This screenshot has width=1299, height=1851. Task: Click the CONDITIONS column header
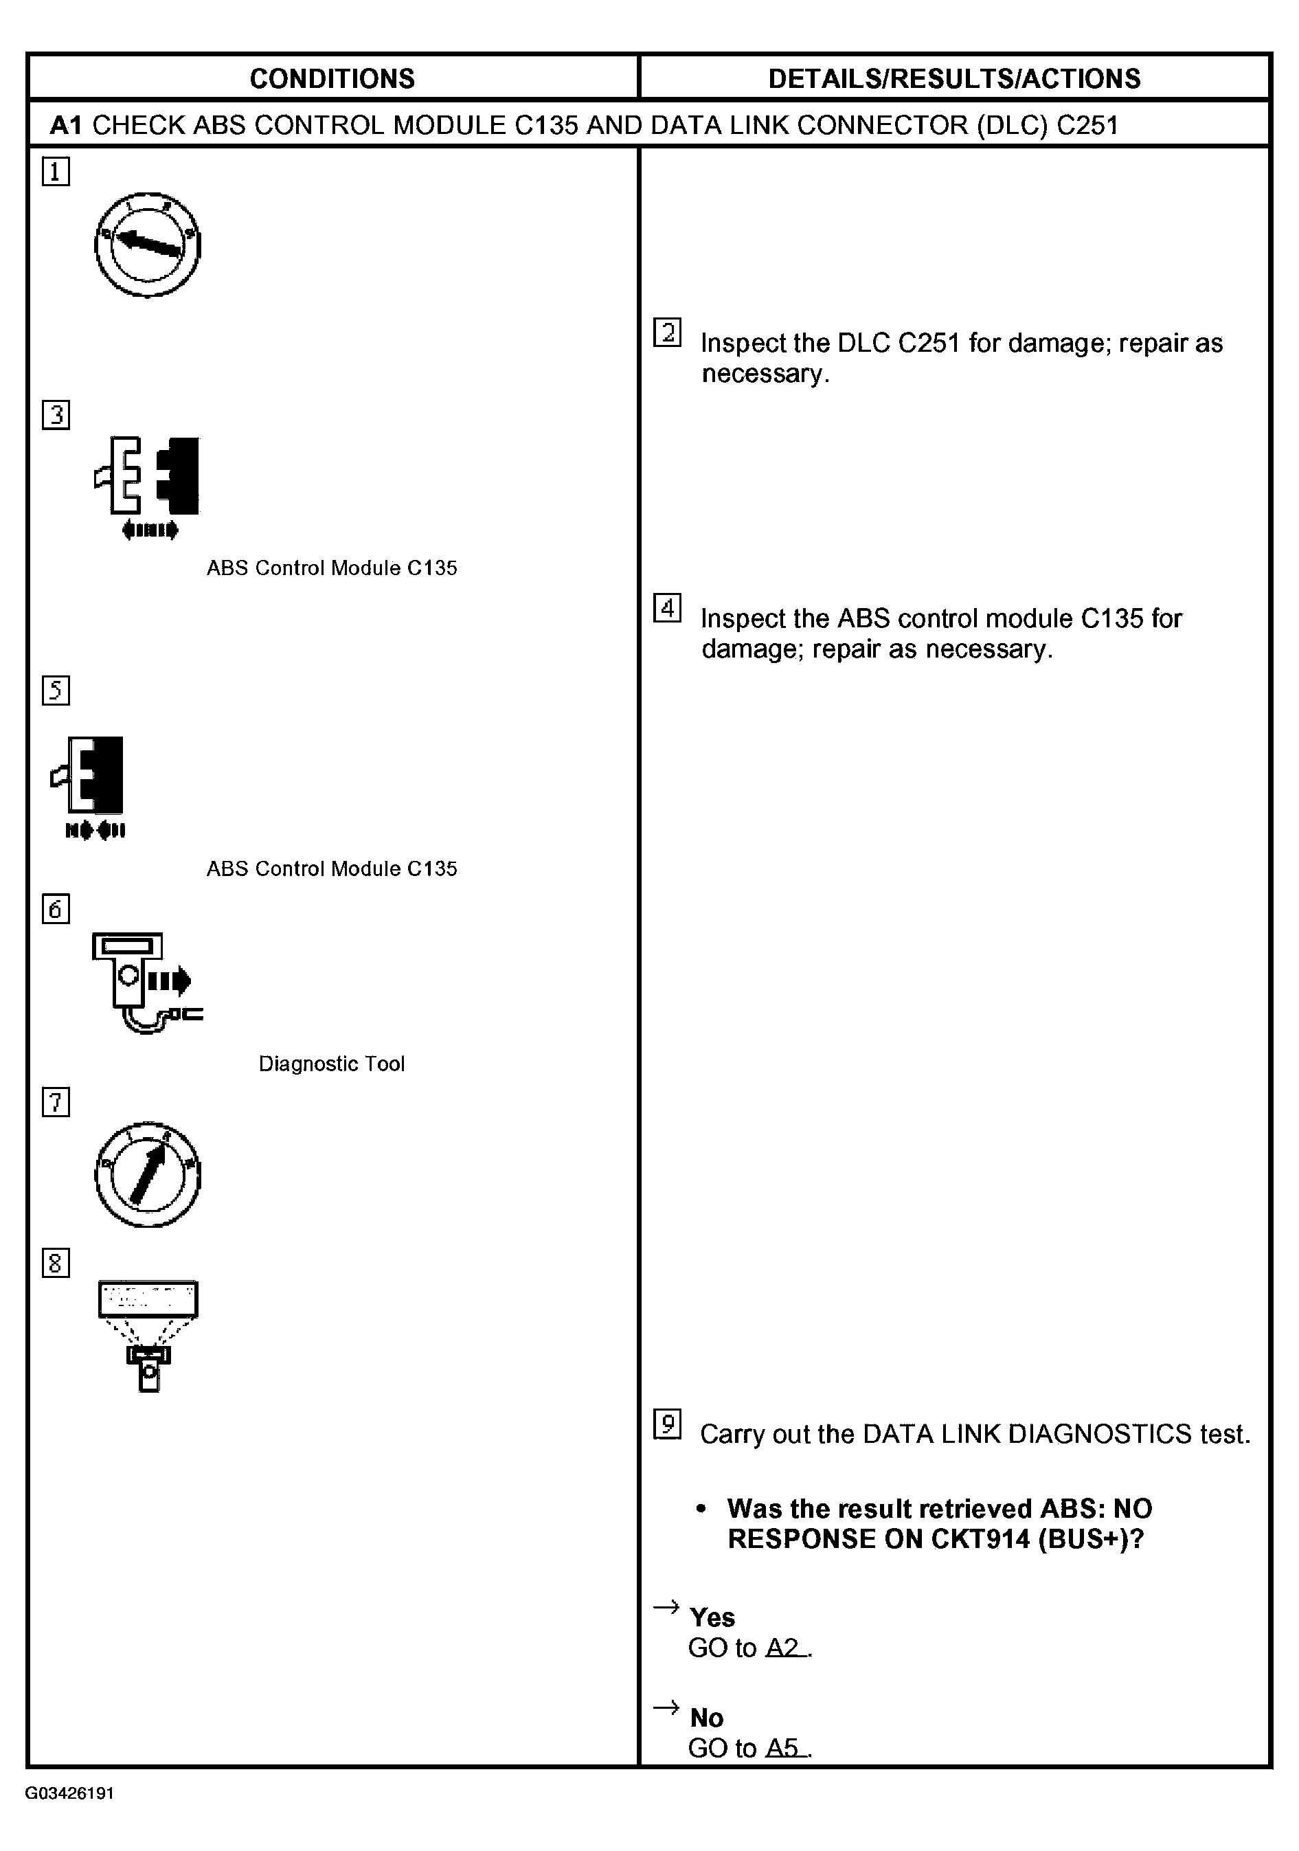[332, 78]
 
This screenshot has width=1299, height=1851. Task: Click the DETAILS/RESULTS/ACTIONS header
[954, 78]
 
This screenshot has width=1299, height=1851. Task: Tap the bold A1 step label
[66, 125]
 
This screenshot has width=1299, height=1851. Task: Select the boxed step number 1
[56, 172]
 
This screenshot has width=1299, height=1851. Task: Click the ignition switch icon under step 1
[148, 245]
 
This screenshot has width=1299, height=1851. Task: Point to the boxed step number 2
[666, 332]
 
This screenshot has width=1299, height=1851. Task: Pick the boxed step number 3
[56, 414]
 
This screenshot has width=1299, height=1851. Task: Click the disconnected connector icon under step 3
[148, 484]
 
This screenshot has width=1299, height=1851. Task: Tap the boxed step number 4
[666, 608]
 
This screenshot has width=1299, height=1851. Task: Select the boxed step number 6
[56, 910]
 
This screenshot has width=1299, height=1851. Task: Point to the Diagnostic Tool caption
[331, 1064]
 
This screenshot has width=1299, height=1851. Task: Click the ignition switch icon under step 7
[148, 1174]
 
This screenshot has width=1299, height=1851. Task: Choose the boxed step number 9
[666, 1424]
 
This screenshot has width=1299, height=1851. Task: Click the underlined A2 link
[785, 1648]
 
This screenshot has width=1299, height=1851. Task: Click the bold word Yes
[712, 1617]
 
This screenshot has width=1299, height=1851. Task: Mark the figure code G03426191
[69, 1794]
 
